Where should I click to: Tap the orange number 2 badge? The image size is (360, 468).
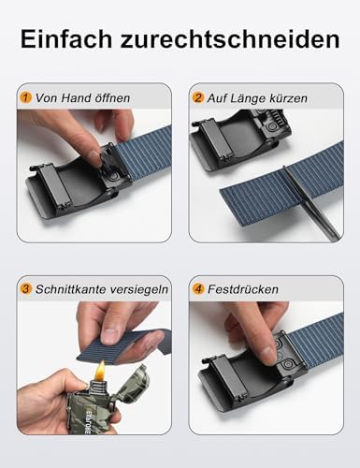point(198,96)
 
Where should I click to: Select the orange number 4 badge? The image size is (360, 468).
point(198,289)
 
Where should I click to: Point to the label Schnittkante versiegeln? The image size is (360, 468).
point(99,289)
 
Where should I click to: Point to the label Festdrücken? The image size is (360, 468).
point(242,289)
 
